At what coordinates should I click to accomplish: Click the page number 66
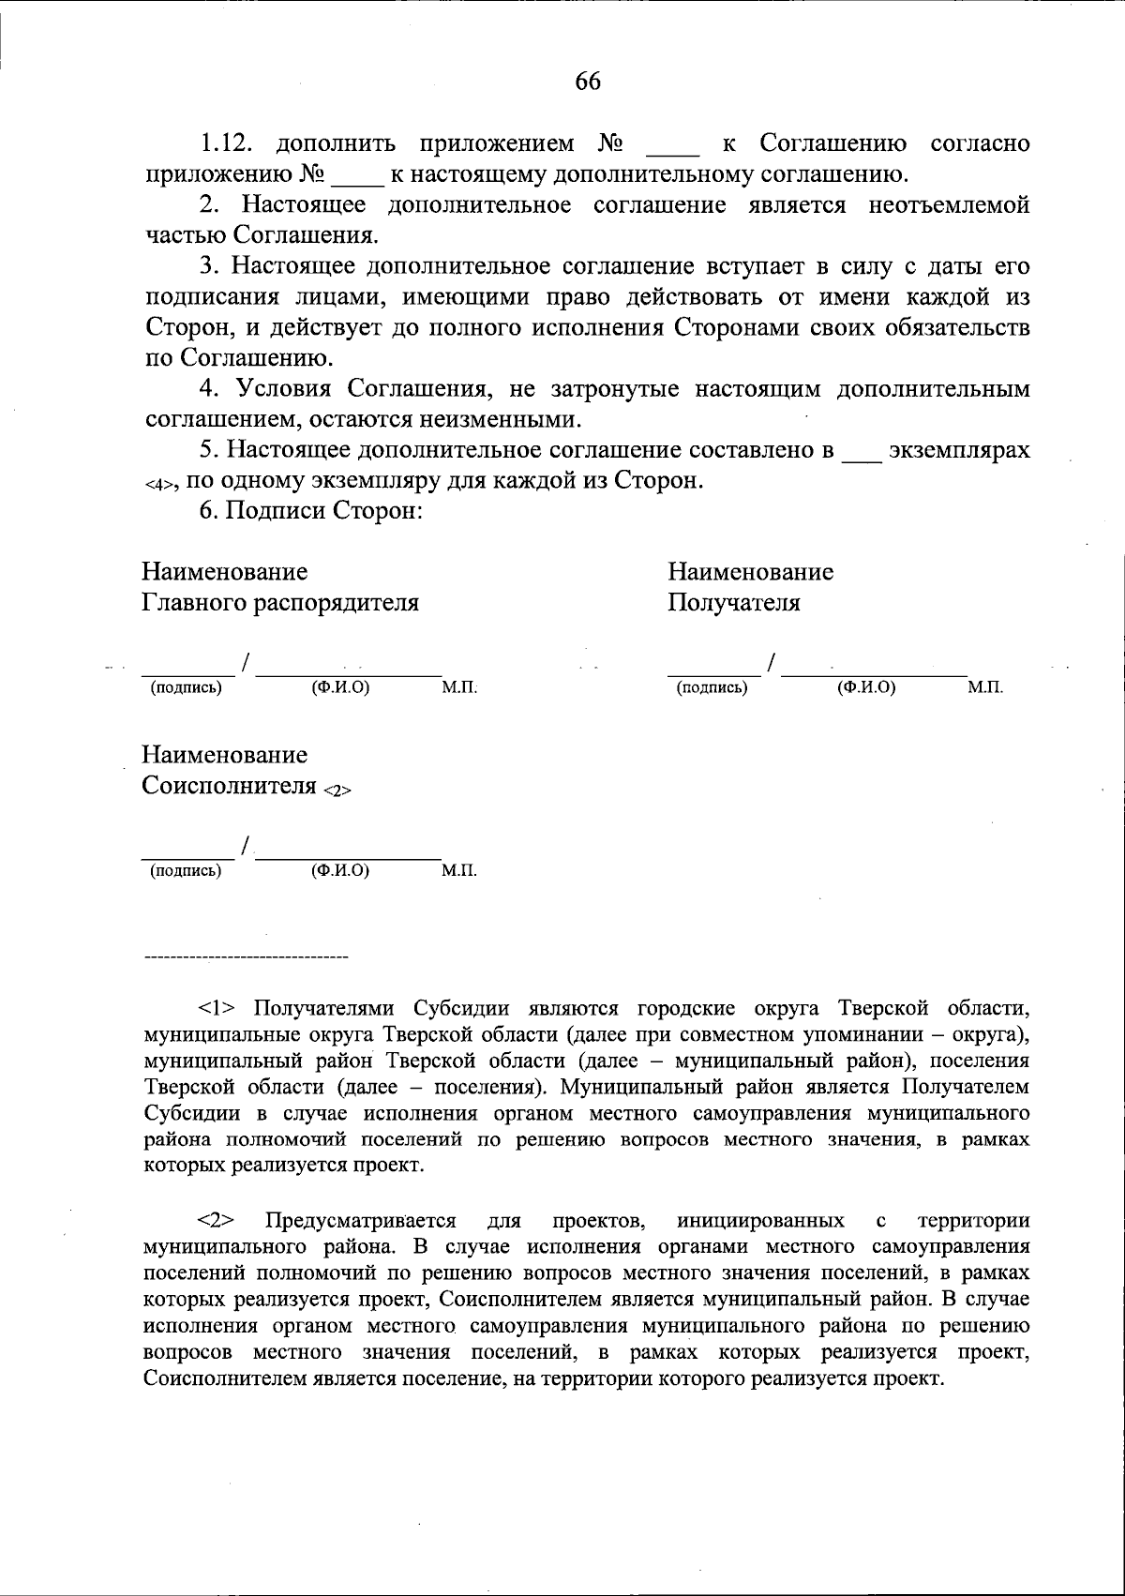[588, 82]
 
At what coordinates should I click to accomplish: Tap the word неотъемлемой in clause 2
[949, 204]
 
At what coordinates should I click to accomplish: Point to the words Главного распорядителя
[280, 602]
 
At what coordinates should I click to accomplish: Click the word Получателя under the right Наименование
[734, 602]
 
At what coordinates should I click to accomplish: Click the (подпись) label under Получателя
[712, 687]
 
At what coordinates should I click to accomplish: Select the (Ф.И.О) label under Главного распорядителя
[340, 687]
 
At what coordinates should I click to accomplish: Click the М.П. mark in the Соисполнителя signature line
[458, 871]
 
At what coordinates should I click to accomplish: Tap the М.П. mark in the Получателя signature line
[984, 687]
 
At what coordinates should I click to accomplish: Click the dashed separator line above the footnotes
[246, 957]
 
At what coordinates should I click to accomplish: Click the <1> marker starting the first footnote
[220, 1009]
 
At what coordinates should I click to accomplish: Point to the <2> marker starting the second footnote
[216, 1221]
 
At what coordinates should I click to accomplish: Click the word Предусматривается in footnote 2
[360, 1221]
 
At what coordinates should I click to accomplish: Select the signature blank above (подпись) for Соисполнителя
[187, 854]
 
